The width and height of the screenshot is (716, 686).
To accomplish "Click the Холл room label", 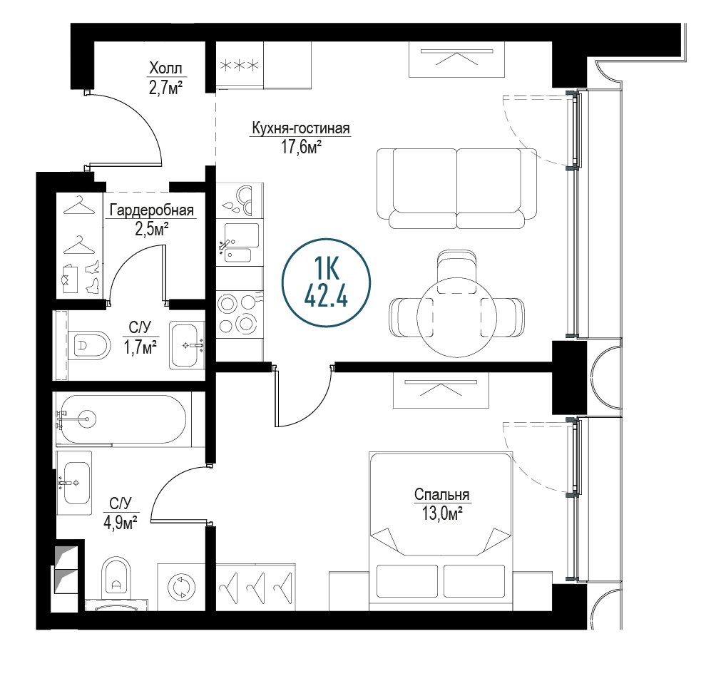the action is click(165, 69).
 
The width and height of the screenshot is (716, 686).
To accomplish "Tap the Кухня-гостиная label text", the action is click(301, 128).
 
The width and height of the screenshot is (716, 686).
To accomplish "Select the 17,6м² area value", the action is click(301, 148).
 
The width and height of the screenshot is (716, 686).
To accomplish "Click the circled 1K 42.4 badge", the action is click(326, 282).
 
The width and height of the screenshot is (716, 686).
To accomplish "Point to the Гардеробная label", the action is click(152, 210).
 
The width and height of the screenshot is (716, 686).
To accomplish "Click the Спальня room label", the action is click(441, 495).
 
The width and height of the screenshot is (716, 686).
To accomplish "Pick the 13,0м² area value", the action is click(441, 514).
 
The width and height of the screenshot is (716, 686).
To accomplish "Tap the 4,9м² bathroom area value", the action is click(121, 522).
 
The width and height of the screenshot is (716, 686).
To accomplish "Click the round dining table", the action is click(457, 318).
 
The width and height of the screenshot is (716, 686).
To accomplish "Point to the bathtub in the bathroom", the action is click(121, 419).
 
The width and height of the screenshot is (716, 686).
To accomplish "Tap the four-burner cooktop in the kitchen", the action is click(240, 313).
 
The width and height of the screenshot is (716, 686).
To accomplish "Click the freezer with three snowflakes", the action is click(240, 65).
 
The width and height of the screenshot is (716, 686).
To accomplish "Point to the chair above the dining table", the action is click(457, 271).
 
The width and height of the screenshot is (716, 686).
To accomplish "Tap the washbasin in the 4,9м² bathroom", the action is click(73, 483).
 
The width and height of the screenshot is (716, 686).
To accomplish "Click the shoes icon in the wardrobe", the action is click(93, 276).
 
